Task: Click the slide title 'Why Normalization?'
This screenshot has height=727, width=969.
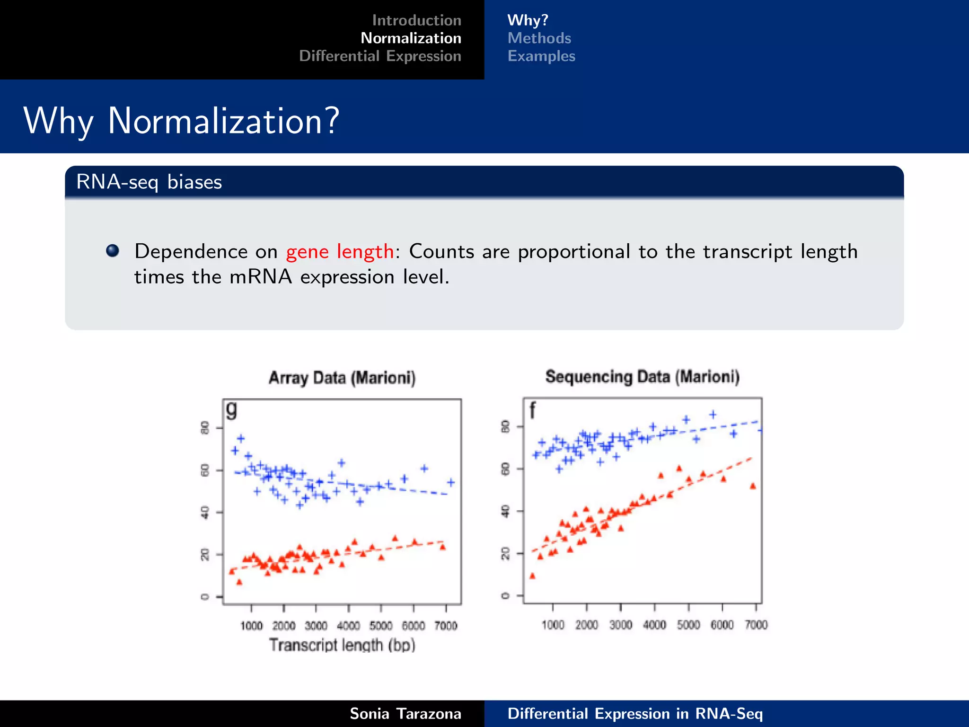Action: (181, 121)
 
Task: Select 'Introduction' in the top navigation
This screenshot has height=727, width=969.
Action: (416, 20)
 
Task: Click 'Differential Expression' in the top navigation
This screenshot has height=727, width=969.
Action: (380, 56)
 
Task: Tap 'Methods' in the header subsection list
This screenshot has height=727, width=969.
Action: (539, 38)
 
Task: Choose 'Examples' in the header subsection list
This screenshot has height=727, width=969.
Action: (541, 56)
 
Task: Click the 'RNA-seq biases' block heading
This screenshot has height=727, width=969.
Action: (149, 182)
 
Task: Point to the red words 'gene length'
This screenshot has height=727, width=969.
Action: (340, 251)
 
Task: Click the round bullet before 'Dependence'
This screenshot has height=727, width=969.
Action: (113, 250)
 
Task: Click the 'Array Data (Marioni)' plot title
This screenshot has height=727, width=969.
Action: (342, 378)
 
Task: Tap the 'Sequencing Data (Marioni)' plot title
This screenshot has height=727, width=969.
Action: (642, 377)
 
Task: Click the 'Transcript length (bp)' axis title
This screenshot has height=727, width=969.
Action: (342, 645)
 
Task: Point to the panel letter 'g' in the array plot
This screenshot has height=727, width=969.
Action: (231, 409)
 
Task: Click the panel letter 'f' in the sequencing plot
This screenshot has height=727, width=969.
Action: (532, 410)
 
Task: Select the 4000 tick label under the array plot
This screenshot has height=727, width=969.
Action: (348, 626)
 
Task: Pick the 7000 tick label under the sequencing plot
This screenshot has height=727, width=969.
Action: (756, 625)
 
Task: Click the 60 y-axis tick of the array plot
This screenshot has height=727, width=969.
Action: (205, 470)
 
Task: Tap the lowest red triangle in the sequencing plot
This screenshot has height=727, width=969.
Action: (532, 576)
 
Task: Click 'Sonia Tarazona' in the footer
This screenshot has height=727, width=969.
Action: (405, 714)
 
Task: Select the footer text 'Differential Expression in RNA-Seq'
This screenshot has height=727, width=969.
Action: (635, 714)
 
